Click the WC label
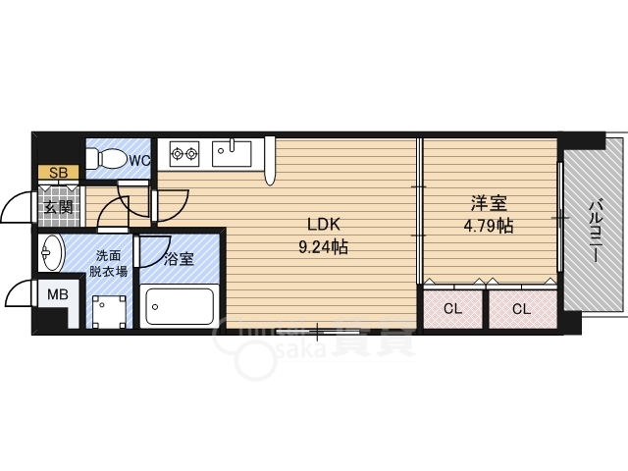point(138,159)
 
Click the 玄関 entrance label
point(58,206)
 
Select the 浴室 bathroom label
point(179,260)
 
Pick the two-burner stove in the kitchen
point(183,153)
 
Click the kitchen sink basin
point(235,154)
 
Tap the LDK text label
point(323,225)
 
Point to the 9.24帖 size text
point(323,247)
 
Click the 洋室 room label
point(488,203)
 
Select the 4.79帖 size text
point(488,226)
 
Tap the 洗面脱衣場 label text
point(108,263)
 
